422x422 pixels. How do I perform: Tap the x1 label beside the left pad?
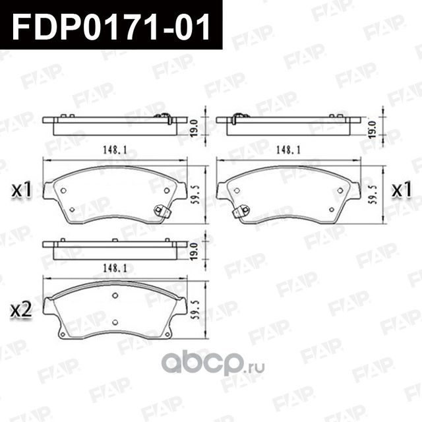(22, 191)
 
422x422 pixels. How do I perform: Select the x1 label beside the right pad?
(402, 191)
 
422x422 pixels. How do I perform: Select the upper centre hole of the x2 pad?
(115, 295)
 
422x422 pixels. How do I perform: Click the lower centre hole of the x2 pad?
(115, 321)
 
